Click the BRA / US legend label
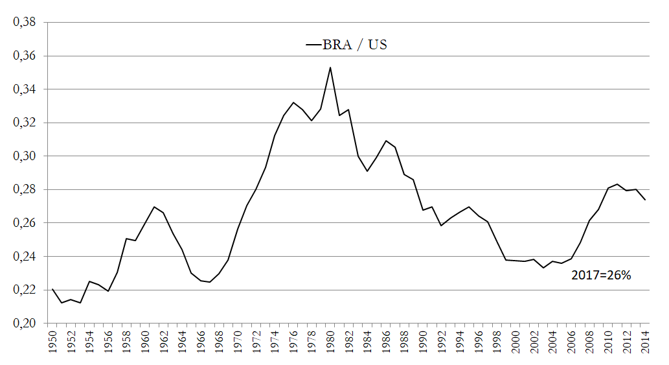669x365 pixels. [x=356, y=45]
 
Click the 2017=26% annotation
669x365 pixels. [x=601, y=275]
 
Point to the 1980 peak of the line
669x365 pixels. [x=330, y=67]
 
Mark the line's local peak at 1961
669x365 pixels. [x=154, y=207]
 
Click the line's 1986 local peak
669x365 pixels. [x=386, y=141]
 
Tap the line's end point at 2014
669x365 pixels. [x=645, y=200]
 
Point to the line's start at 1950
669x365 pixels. [x=52, y=289]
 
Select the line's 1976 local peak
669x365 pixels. [x=293, y=102]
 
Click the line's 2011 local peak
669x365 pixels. [x=617, y=184]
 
